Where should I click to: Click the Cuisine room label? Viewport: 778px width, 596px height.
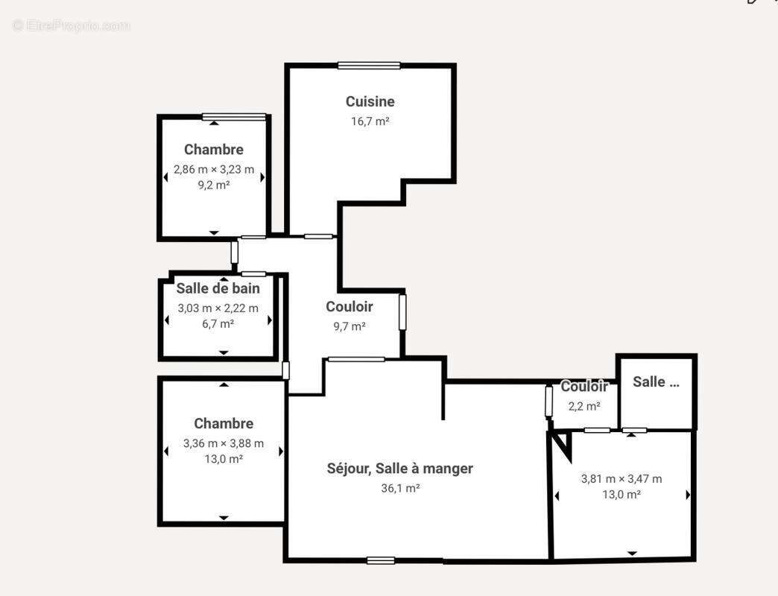pos(370,101)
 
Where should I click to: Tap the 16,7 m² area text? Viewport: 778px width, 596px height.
pos(370,121)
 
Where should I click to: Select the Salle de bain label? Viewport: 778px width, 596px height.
pos(218,288)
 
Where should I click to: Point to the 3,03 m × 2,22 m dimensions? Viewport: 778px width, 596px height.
pos(218,308)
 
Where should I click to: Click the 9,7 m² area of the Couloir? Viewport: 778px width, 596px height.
pos(349,326)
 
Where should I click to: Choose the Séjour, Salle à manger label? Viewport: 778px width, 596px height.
pos(399,468)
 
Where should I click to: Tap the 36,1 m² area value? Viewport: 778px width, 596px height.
pos(400,488)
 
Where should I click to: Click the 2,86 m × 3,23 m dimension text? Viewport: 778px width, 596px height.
pos(214,169)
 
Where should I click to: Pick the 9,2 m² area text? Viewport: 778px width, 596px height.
pos(213,185)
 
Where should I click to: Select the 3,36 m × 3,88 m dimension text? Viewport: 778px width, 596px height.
pos(224,443)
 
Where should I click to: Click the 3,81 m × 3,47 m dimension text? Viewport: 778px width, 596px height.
pos(622,479)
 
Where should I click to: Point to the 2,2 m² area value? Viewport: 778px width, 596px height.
pos(584,406)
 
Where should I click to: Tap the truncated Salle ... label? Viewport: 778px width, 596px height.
pos(656,381)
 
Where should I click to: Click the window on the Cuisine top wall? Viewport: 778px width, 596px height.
pos(369,66)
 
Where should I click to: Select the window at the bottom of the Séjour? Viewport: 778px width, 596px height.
pos(381,560)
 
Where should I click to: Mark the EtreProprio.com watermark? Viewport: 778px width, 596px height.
pos(71,25)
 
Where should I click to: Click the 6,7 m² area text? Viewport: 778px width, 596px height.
pos(218,323)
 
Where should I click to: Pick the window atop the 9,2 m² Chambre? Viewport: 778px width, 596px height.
pos(234,116)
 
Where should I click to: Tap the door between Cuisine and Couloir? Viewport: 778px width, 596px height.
pos(319,236)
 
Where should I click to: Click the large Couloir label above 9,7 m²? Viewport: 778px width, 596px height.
pos(349,306)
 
